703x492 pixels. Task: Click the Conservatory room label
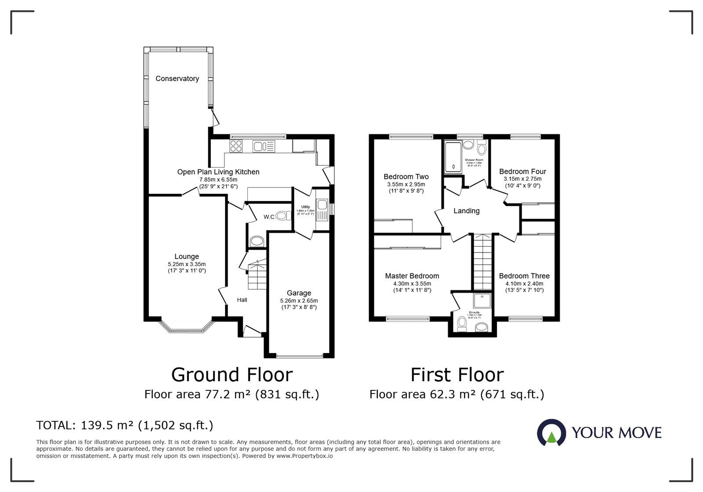177,79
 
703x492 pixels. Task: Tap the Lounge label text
187,256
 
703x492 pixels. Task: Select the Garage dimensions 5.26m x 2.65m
299,301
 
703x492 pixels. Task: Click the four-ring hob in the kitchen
236,146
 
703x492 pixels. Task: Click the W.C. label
269,217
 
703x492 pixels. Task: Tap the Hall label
242,300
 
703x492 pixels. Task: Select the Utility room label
305,207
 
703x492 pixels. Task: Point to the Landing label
466,211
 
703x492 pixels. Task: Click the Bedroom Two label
406,177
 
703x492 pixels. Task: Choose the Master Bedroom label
412,276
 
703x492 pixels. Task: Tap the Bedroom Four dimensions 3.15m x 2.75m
522,179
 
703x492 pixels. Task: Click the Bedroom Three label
524,276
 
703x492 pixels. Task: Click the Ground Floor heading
232,375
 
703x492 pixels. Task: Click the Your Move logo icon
551,433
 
